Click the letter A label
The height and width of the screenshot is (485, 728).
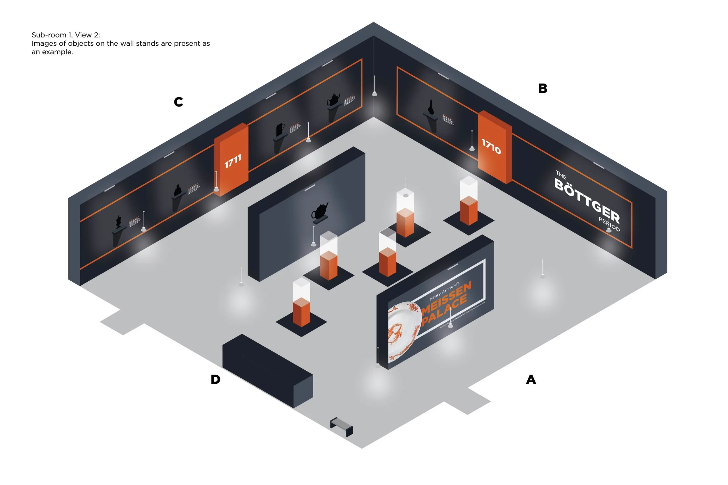531,379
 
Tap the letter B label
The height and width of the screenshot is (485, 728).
543,88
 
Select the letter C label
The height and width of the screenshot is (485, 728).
178,102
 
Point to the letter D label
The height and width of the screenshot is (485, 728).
215,379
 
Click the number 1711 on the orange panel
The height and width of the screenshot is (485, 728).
233,161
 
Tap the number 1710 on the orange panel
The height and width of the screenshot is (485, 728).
491,146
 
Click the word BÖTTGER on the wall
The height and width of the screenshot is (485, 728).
587,201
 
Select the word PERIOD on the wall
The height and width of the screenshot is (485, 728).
609,224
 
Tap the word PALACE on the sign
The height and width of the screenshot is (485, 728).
444,312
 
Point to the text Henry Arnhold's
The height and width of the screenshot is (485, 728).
444,291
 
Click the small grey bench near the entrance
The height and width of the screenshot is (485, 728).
342,426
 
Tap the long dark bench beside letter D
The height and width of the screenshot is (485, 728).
267,369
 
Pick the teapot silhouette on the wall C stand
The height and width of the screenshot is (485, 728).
333,99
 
